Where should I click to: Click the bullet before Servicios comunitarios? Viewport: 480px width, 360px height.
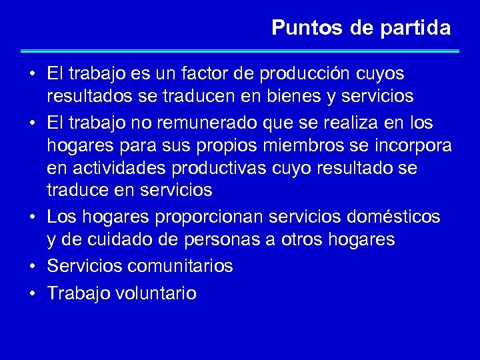point(32,266)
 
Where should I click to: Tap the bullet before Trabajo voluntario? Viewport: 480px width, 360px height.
point(32,293)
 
